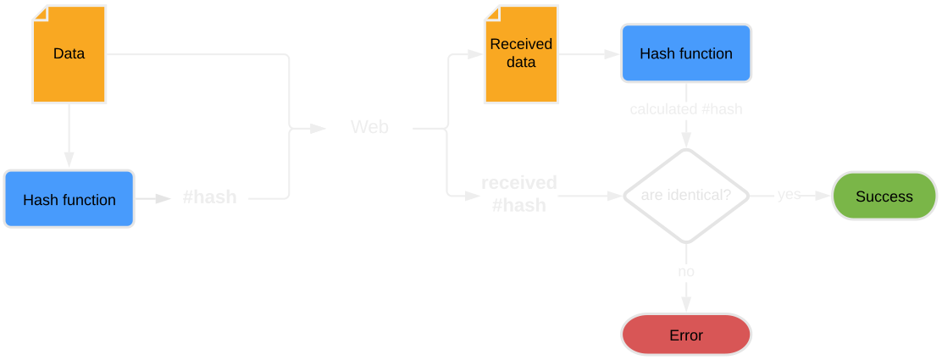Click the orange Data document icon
(x=69, y=54)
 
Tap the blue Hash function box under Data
(x=69, y=200)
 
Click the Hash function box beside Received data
(x=685, y=53)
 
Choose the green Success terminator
(x=884, y=197)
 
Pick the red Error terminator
(x=685, y=335)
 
